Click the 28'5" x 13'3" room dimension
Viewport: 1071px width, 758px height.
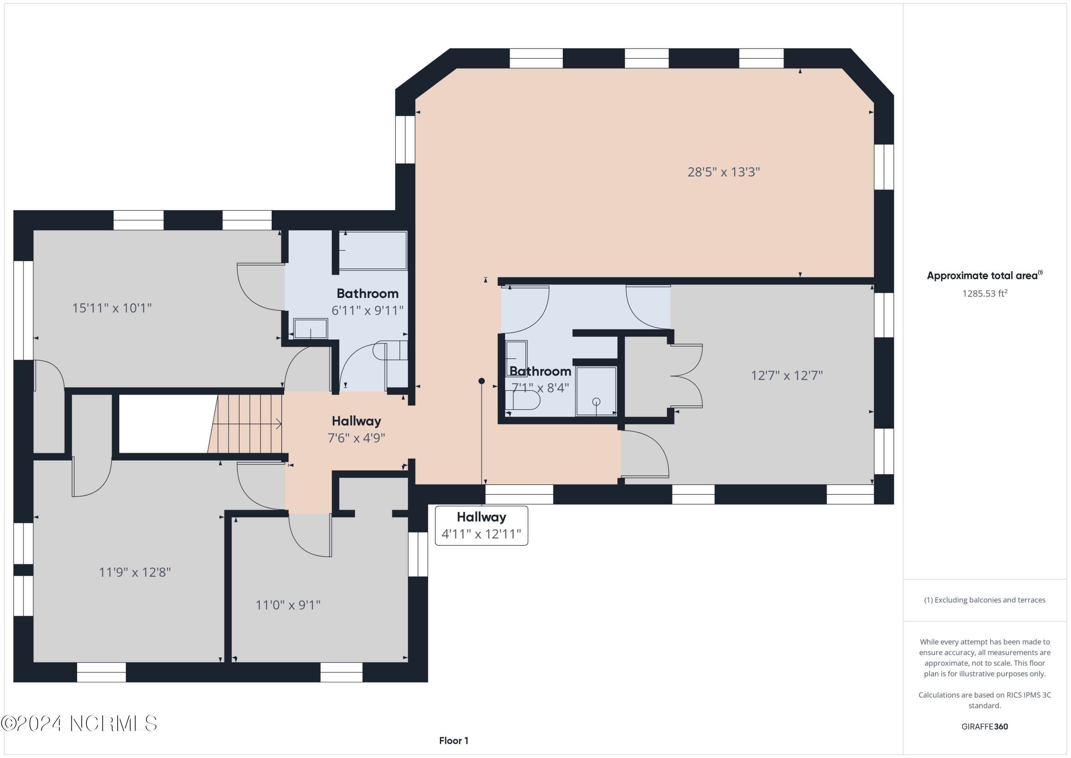pyautogui.click(x=724, y=172)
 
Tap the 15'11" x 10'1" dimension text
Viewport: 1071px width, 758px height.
pyautogui.click(x=112, y=308)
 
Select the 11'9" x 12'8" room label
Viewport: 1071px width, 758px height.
pyautogui.click(x=135, y=572)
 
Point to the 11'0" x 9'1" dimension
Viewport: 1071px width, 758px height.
pyautogui.click(x=288, y=605)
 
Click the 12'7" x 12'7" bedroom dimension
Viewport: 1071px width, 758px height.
pyautogui.click(x=786, y=376)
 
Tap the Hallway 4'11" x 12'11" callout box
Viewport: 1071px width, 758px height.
pyautogui.click(x=481, y=525)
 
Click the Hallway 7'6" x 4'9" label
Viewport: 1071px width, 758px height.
pyautogui.click(x=356, y=429)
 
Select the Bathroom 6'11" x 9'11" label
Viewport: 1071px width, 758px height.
pyautogui.click(x=368, y=302)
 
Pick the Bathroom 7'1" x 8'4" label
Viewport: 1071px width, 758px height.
pyautogui.click(x=540, y=379)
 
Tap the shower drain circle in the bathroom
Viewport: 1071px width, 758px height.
pyautogui.click(x=596, y=402)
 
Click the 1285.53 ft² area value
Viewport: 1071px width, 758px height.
pyautogui.click(x=985, y=293)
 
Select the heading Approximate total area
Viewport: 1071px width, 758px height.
pyautogui.click(x=984, y=275)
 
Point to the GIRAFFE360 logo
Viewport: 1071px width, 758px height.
pyautogui.click(x=985, y=726)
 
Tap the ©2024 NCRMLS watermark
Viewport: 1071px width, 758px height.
pyautogui.click(x=79, y=723)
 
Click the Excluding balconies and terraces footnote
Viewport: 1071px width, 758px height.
pyautogui.click(x=985, y=600)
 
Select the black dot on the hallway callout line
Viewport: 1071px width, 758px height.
pyautogui.click(x=481, y=381)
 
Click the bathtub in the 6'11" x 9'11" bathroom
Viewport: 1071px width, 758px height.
pyautogui.click(x=373, y=251)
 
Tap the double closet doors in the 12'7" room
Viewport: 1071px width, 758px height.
pyautogui.click(x=688, y=376)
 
